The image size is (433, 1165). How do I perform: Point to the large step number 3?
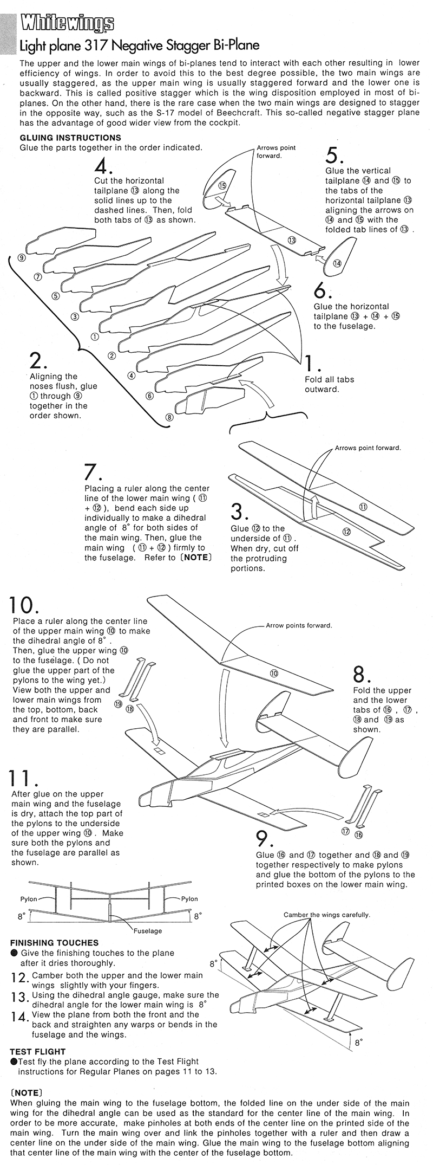pyautogui.click(x=239, y=512)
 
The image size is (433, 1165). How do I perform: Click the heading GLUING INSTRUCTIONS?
pyautogui.click(x=70, y=138)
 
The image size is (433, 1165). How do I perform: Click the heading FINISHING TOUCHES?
pyautogui.click(x=54, y=943)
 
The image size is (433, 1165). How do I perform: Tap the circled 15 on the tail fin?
pyautogui.click(x=221, y=185)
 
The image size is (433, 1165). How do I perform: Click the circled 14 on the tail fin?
pyautogui.click(x=337, y=263)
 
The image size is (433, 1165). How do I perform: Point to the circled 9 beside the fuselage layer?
pyautogui.click(x=21, y=258)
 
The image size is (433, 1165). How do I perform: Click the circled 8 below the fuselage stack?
pyautogui.click(x=169, y=417)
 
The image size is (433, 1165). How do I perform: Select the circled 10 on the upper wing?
pyautogui.click(x=274, y=674)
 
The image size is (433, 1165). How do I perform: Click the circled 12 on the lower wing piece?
pyautogui.click(x=346, y=532)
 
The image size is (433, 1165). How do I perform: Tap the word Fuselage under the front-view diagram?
pyautogui.click(x=148, y=931)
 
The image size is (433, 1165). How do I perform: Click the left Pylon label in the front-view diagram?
pyautogui.click(x=29, y=898)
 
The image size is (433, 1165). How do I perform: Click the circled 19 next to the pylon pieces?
pyautogui.click(x=118, y=704)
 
